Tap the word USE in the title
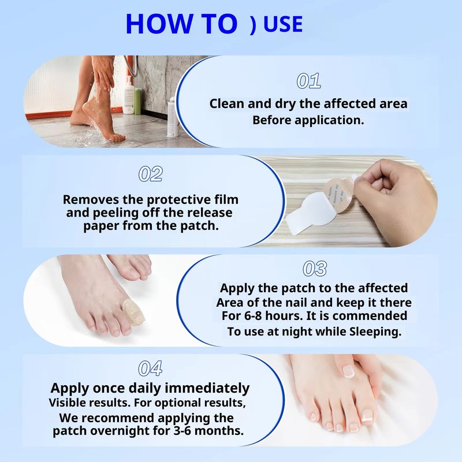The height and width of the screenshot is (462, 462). coord(283,24)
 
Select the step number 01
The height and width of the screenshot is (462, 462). coord(308,81)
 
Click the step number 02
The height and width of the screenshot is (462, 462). coord(150,174)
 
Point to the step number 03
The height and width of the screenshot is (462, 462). coord(315,269)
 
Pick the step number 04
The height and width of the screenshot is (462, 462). coord(150,368)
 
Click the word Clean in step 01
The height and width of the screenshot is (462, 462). coord(226,104)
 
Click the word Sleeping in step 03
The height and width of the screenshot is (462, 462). coord(375,331)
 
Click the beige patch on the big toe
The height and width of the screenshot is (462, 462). coord(133,310)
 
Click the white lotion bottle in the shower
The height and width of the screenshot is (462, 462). coord(129,95)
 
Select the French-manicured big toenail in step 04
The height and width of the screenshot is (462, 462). coord(349,371)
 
